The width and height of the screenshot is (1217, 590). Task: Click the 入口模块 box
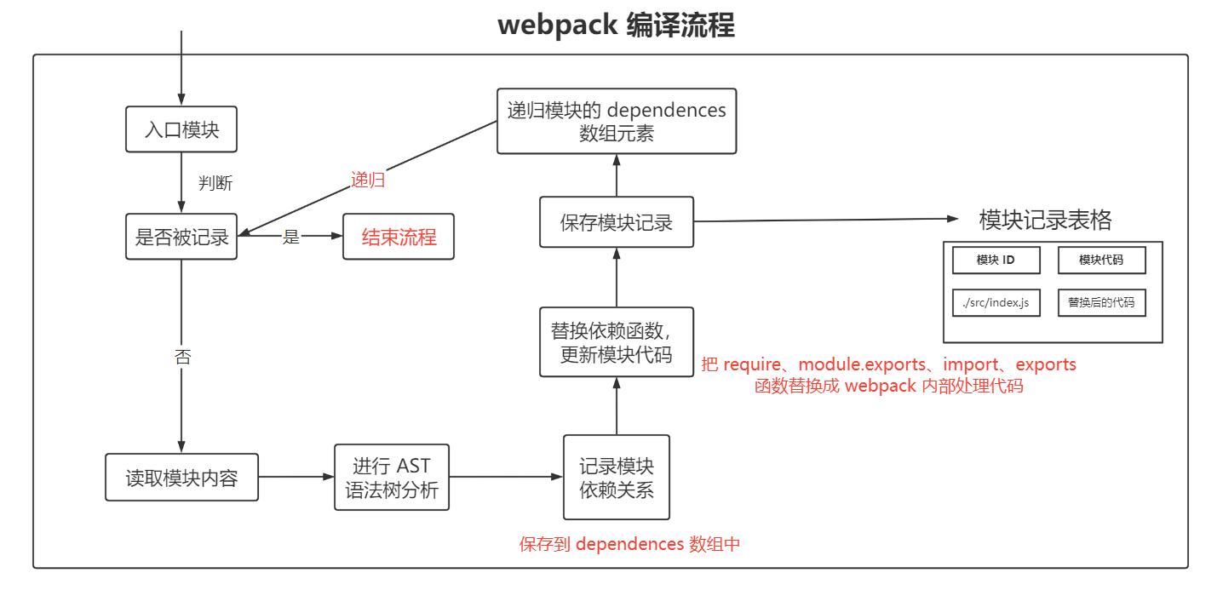[181, 129]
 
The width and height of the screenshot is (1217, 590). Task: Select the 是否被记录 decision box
[181, 237]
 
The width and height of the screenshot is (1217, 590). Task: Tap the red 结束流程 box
[399, 237]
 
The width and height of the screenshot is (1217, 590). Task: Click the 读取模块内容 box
[181, 478]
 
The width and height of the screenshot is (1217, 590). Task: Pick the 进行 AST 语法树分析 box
[392, 478]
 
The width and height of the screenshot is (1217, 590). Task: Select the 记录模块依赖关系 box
[617, 478]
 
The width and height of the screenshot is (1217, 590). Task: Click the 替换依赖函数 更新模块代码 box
[617, 342]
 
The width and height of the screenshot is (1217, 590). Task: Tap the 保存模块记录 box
[617, 222]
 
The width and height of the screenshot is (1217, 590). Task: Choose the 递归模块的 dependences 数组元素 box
[617, 122]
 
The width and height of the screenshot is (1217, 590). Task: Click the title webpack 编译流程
[616, 26]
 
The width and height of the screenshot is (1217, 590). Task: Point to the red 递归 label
[368, 180]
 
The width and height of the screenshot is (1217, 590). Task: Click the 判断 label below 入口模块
[215, 183]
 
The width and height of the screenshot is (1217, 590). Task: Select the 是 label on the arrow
[291, 238]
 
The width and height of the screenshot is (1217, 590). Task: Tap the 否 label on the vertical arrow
[182, 357]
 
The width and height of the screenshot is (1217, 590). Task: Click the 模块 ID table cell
[996, 261]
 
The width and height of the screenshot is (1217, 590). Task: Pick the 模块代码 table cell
[1101, 261]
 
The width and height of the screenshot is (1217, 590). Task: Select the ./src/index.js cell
[996, 302]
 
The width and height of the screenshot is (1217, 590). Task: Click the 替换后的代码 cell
[1101, 302]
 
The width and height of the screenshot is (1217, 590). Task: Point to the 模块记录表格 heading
[1045, 221]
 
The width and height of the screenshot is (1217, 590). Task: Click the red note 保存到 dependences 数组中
[629, 544]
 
